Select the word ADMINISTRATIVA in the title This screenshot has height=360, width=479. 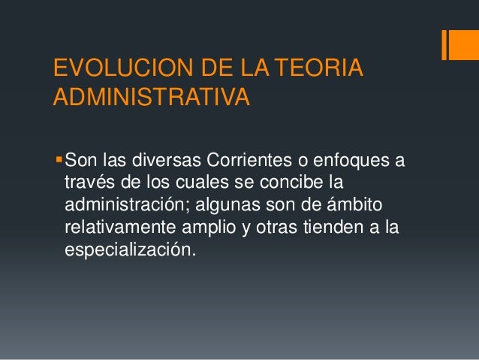(149, 97)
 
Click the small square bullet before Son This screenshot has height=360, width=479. (59, 160)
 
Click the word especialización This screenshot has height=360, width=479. (130, 249)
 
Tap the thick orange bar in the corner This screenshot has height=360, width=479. (458, 44)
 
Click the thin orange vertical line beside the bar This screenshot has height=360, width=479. (444, 44)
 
